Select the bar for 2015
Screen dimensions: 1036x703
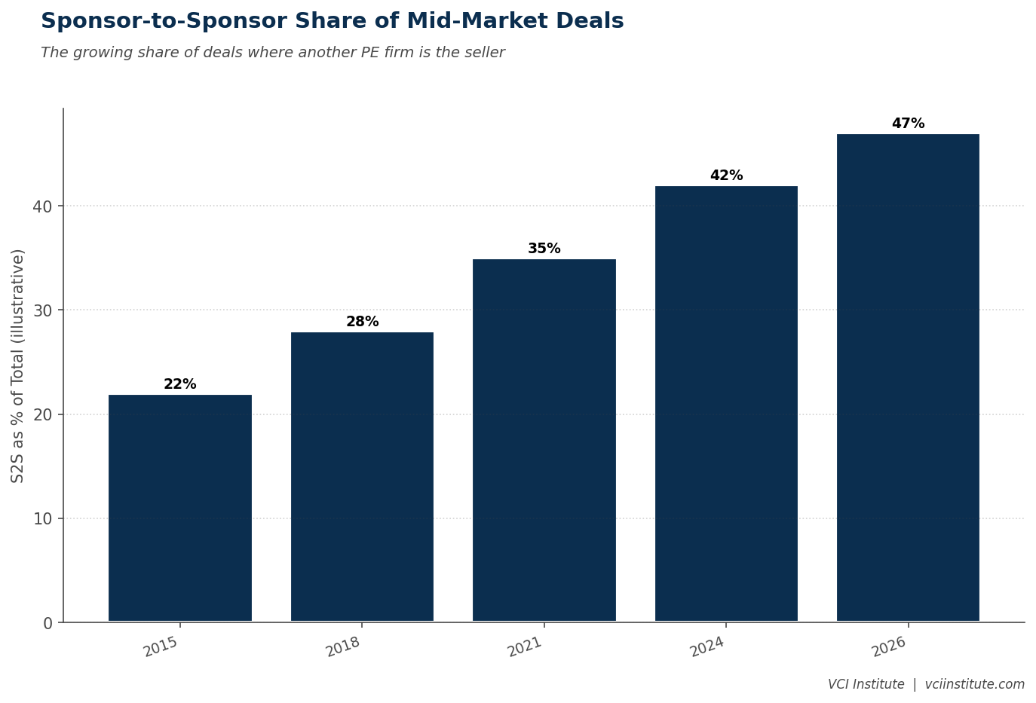[180, 508]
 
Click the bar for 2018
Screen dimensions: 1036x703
[362, 476]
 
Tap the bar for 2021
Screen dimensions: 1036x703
[544, 440]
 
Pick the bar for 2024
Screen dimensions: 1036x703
[726, 404]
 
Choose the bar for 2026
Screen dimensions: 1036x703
[908, 377]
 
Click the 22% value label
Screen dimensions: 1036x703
[180, 384]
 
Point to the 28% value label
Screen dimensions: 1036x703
[362, 321]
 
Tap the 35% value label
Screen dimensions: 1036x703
[544, 248]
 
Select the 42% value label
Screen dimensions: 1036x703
[726, 175]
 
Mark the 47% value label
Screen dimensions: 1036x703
[908, 124]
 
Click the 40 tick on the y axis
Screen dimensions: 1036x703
[42, 206]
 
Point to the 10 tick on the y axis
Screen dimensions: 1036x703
[42, 518]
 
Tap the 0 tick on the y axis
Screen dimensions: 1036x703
[48, 623]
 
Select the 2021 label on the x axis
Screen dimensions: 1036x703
[525, 647]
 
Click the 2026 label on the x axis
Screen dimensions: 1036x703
[889, 647]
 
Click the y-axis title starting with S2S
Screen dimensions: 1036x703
[17, 366]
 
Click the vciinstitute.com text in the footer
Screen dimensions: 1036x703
[974, 684]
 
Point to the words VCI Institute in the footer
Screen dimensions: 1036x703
[866, 684]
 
